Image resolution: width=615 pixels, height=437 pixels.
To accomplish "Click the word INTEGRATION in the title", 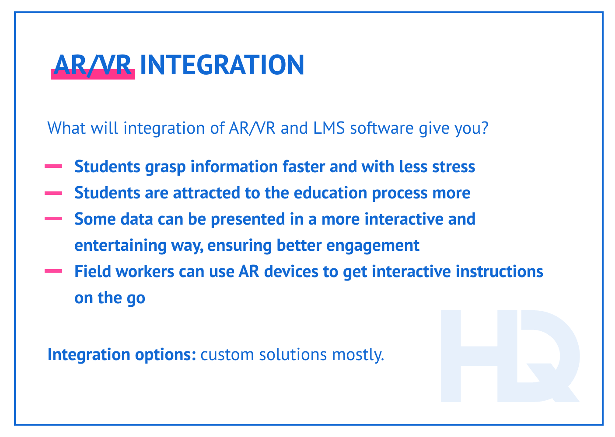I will (222, 65).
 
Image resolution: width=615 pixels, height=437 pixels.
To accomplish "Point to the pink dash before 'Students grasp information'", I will (53, 166).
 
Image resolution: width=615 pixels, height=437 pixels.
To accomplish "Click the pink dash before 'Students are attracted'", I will (53, 192).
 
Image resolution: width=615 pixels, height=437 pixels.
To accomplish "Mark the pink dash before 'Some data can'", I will (53, 218).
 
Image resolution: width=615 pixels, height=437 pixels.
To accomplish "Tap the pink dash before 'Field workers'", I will (53, 271).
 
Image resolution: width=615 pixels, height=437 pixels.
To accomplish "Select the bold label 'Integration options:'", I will (122, 354).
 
